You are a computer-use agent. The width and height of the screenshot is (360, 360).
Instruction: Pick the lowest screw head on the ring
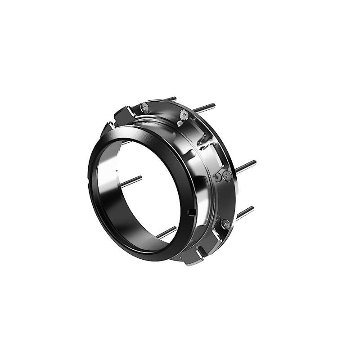(225, 224)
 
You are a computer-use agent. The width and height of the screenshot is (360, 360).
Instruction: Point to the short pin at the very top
(171, 98)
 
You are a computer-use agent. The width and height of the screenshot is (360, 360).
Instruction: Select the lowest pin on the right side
(245, 212)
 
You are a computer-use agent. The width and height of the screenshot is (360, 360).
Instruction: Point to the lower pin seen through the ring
(166, 232)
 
